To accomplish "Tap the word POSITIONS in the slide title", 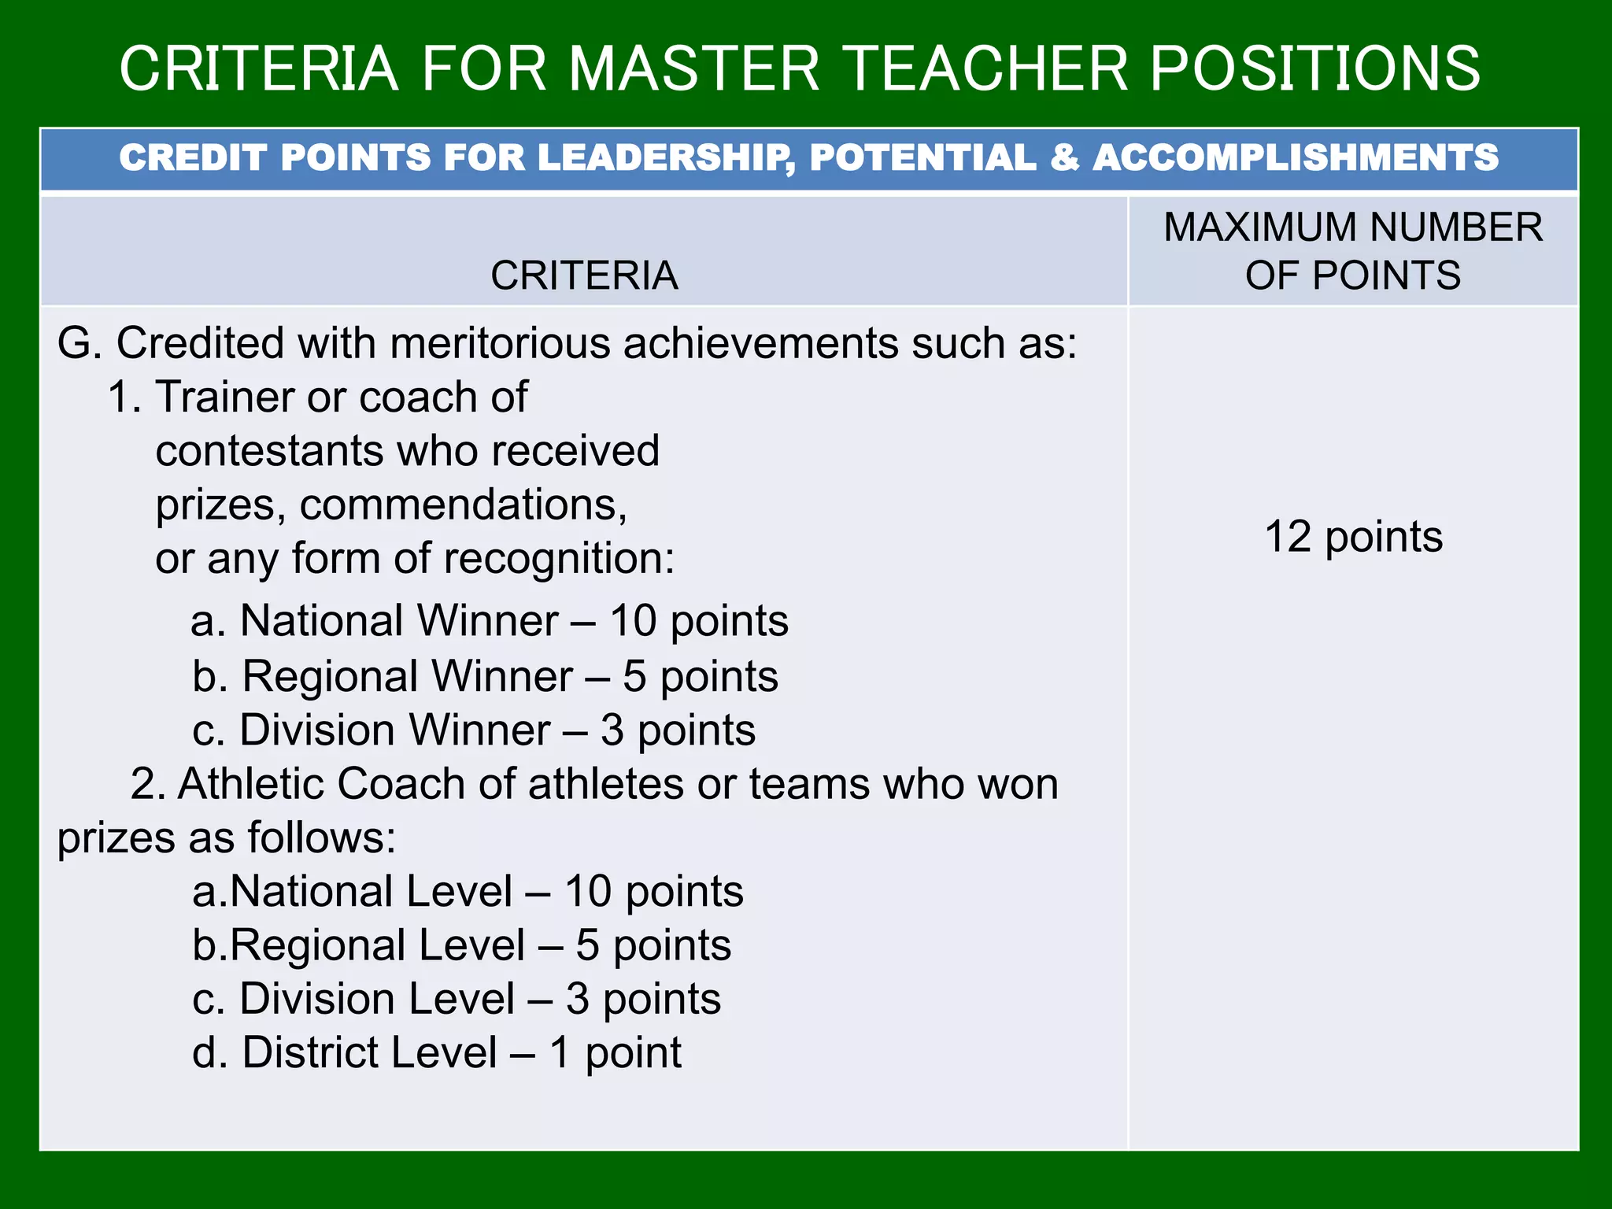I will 1315,69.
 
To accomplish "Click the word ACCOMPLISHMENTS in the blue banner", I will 1295,157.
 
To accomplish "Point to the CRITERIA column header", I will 584,275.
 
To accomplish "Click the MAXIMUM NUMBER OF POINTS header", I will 1352,250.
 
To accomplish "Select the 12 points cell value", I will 1353,537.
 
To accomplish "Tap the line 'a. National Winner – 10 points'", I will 489,621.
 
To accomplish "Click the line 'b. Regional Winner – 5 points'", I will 485,676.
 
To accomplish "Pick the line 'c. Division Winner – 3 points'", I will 473,730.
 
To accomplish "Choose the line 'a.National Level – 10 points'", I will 468,892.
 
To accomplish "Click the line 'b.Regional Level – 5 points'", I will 461,945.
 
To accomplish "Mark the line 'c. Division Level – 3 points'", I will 457,999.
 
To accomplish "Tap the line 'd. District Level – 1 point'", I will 437,1053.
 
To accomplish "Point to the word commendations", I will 463,505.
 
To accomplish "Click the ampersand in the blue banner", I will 1063,157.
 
